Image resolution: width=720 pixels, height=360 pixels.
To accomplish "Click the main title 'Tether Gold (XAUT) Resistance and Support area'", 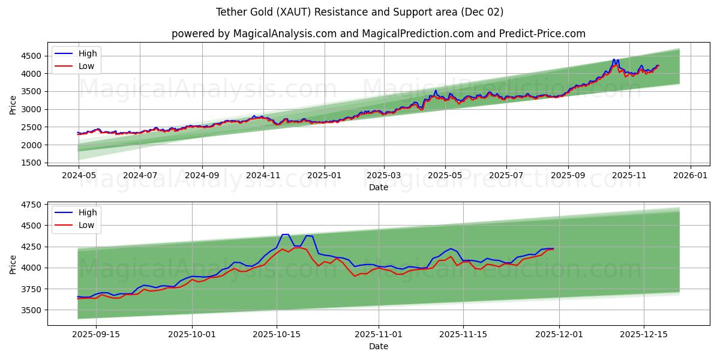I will (x=360, y=12).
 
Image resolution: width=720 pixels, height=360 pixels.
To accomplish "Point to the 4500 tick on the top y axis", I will (x=31, y=56).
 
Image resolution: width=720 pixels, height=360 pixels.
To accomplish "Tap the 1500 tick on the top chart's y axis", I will (x=31, y=163).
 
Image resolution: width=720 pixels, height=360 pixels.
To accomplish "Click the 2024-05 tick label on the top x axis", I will (x=79, y=176).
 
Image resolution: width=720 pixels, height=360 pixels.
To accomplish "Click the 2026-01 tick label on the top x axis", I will (x=691, y=176).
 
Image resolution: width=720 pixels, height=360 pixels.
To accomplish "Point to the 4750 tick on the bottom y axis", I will (x=31, y=205).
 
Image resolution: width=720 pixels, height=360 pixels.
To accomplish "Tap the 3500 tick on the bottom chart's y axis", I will (x=31, y=310).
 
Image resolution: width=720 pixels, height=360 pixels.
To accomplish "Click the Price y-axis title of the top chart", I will (x=13, y=105).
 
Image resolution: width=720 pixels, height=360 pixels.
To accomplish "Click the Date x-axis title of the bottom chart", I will (x=379, y=346).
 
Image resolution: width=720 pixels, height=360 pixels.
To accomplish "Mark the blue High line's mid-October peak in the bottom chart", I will (x=285, y=235).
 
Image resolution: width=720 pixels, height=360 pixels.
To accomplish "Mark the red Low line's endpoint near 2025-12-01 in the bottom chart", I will (x=553, y=249).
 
